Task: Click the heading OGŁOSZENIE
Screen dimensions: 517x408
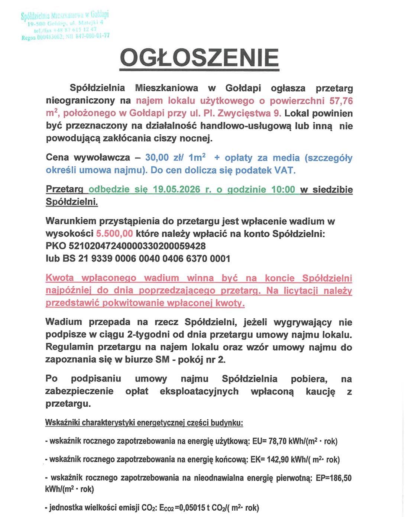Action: click(x=199, y=58)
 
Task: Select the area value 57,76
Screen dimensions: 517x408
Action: click(x=341, y=101)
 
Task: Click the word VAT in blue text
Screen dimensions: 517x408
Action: click(x=284, y=170)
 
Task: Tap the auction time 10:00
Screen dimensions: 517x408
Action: click(x=283, y=189)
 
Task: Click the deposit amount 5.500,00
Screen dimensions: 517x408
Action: click(x=114, y=234)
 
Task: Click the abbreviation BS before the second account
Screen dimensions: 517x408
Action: click(x=69, y=258)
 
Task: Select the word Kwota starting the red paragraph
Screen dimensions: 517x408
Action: click(x=59, y=278)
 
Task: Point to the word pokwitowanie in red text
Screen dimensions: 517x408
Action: click(x=133, y=303)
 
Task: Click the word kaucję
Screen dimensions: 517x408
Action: click(x=320, y=391)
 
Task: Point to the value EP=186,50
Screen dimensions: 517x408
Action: click(x=333, y=478)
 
